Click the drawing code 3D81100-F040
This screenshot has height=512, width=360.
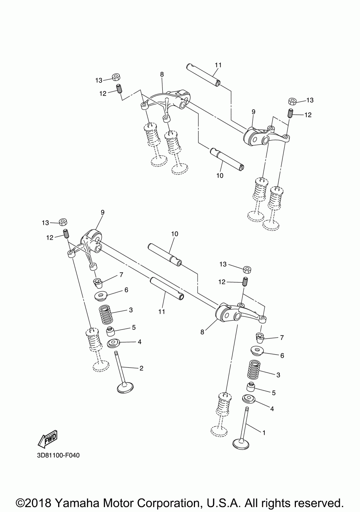[58, 455]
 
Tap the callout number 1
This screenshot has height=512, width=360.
[264, 433]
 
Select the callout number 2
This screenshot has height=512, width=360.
[141, 368]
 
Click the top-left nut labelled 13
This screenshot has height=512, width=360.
[116, 78]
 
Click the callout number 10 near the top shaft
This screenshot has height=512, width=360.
[220, 175]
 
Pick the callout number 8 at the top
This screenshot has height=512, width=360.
[162, 74]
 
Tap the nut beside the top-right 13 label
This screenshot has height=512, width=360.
[293, 101]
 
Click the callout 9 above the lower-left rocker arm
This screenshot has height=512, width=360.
[102, 212]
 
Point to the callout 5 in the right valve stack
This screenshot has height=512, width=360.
[274, 393]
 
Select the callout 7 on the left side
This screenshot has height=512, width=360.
[121, 275]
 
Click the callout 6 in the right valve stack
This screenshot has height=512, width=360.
[282, 355]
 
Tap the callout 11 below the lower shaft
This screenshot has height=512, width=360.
[162, 311]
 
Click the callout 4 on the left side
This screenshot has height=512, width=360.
[139, 342]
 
